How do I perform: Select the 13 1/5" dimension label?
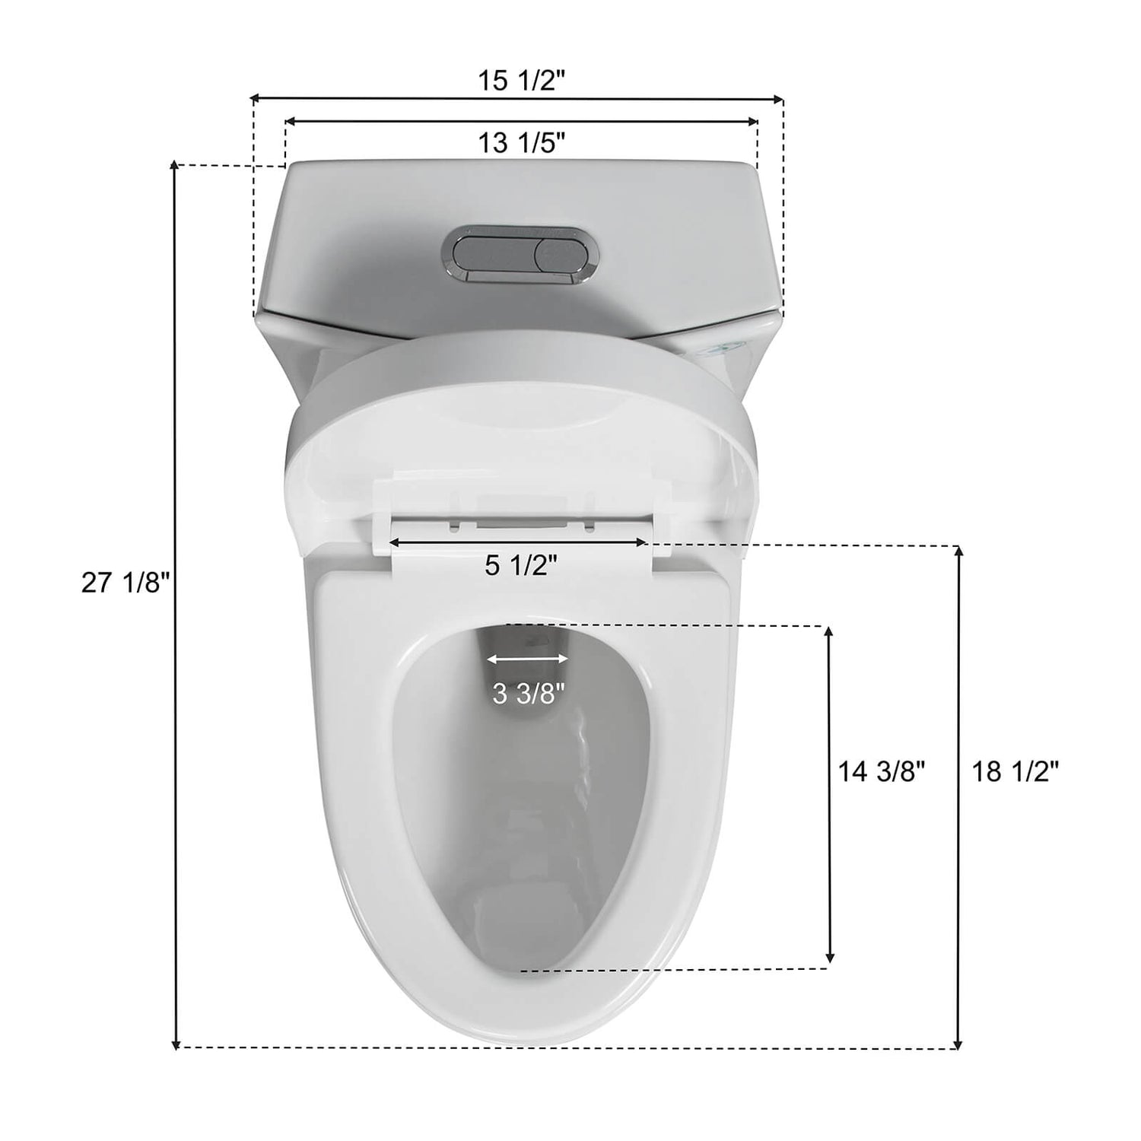click(x=521, y=141)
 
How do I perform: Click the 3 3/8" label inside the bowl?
click(x=529, y=694)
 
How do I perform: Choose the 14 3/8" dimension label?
click(x=882, y=772)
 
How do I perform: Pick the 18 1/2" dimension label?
click(x=1015, y=772)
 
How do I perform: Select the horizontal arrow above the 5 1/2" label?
click(x=518, y=542)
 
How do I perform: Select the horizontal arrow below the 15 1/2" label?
click(x=517, y=98)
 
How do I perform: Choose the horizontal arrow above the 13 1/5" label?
click(x=521, y=121)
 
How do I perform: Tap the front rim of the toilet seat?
click(x=525, y=1004)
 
